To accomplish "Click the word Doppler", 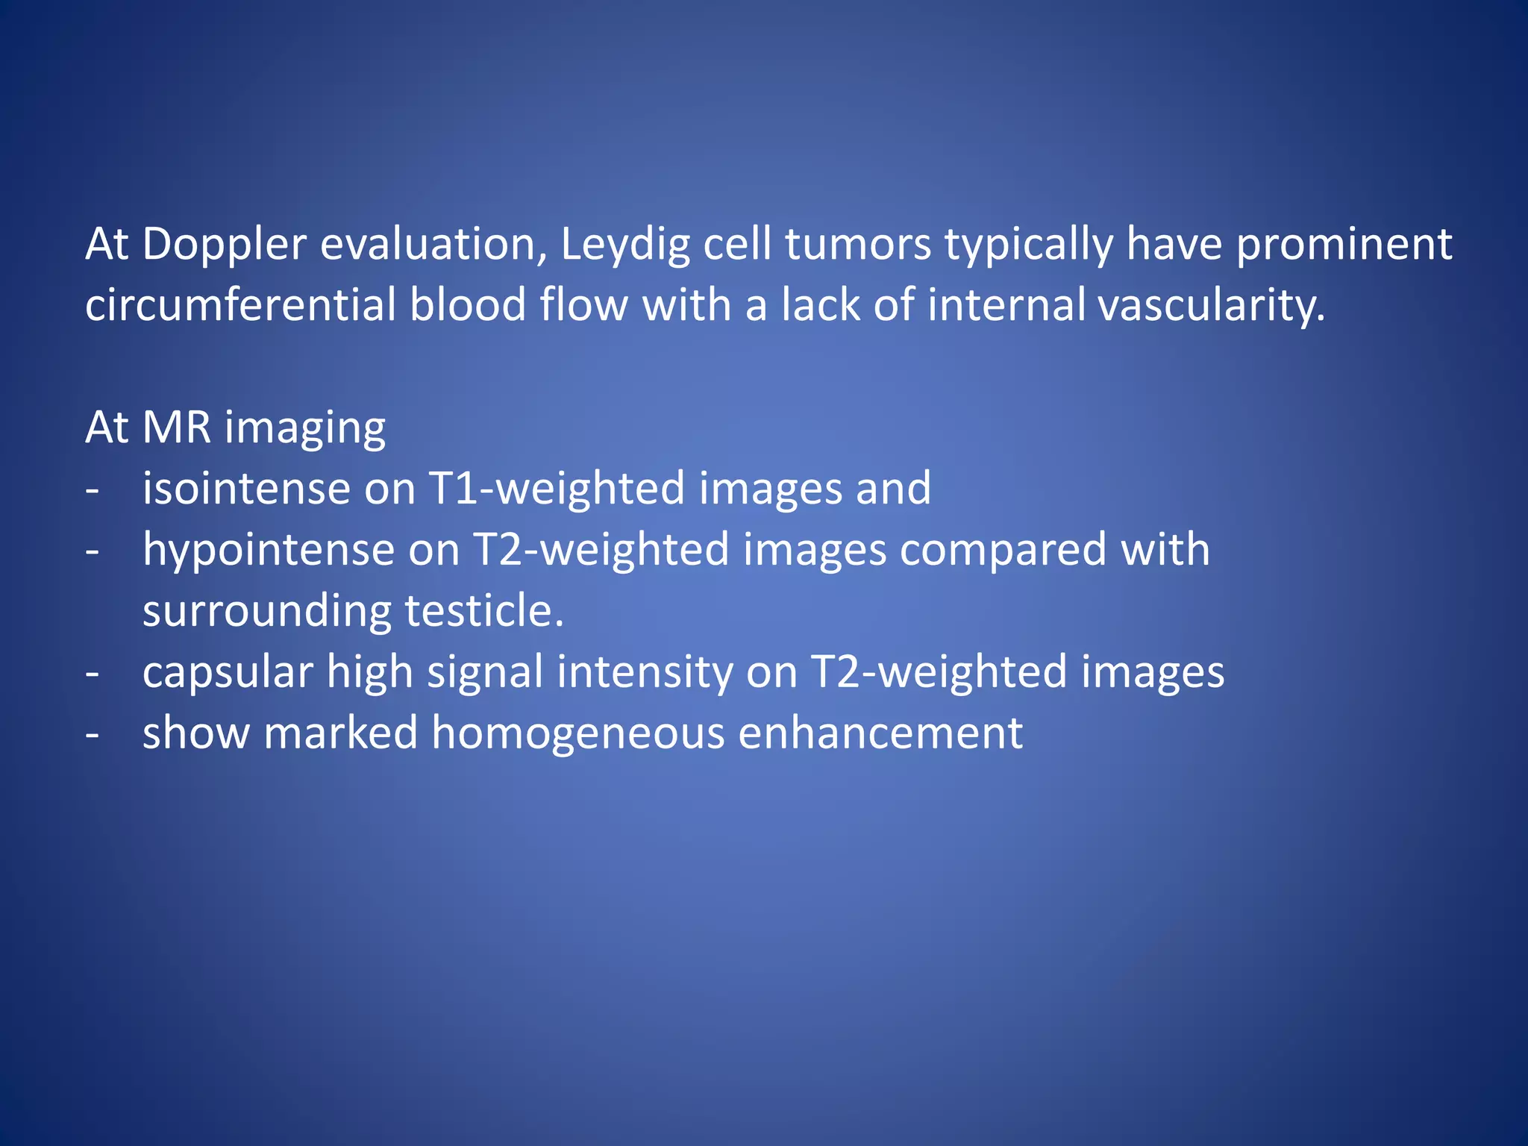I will click(224, 245).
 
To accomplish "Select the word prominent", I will click(1344, 245).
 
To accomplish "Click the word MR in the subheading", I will click(176, 428).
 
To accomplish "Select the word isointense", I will click(246, 489).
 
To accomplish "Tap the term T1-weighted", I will click(557, 489).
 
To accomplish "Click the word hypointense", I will click(268, 551).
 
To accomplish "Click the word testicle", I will click(484, 612).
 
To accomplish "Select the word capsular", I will click(227, 673).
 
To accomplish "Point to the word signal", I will click(484, 673).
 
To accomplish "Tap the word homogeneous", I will click(577, 734).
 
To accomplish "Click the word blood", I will click(468, 306).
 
